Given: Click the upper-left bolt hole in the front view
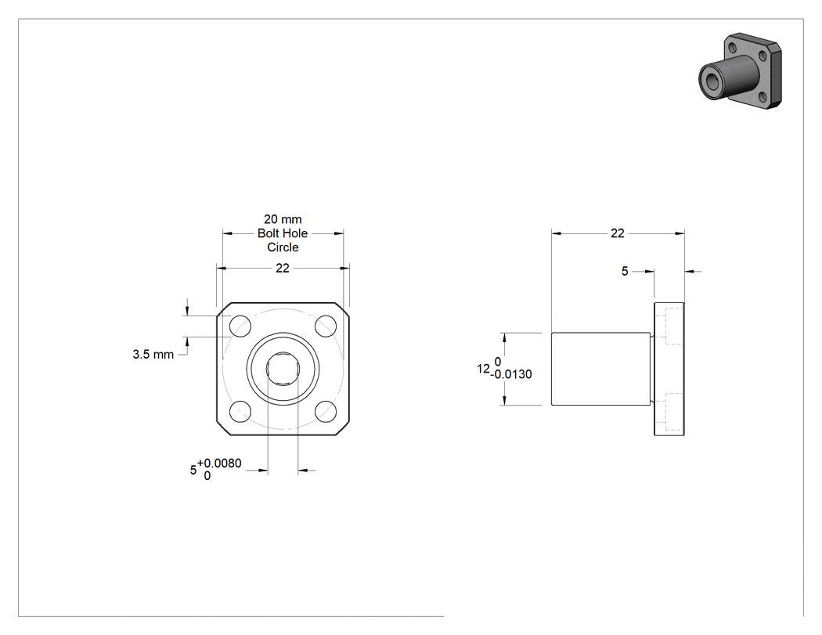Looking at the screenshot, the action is click(240, 326).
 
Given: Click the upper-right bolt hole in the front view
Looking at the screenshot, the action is click(326, 326).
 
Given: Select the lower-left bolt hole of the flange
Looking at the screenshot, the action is click(240, 411).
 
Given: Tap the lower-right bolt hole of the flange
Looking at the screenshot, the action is click(326, 411).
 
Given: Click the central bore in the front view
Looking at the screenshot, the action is click(283, 369).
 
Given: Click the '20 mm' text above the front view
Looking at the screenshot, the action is click(283, 219).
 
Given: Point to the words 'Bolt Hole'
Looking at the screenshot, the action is click(283, 233).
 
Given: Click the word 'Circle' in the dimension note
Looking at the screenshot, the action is click(283, 247).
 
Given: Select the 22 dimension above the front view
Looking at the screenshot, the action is click(283, 268).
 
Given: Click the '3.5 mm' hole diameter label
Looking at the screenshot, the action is click(153, 355).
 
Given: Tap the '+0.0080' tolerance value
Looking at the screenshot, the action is click(219, 463).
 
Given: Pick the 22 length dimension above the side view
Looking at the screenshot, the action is click(618, 233).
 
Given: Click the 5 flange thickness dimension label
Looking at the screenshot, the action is click(625, 271).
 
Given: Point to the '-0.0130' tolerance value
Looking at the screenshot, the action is click(511, 374).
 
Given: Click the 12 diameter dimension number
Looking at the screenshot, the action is click(483, 369).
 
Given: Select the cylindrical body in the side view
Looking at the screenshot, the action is click(600, 369).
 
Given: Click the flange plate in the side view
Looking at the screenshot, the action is click(669, 369).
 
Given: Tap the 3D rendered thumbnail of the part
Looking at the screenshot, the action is click(740, 71).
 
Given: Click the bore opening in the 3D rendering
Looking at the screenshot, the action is click(713, 81).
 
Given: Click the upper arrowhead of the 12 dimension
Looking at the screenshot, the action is click(504, 337).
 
